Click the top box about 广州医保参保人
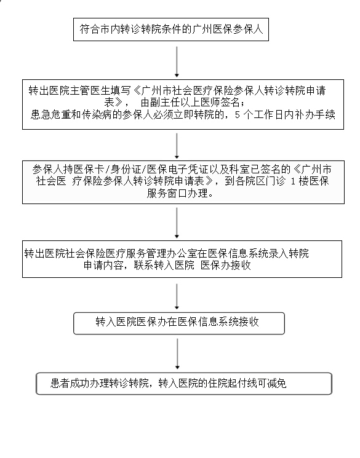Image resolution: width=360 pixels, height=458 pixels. [171, 30]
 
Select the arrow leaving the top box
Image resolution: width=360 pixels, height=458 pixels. [177, 61]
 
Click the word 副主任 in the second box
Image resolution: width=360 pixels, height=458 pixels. [166, 103]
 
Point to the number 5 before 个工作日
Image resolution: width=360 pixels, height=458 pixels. [237, 115]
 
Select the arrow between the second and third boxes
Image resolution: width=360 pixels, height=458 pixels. [177, 146]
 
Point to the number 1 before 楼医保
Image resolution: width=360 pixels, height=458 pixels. [293, 181]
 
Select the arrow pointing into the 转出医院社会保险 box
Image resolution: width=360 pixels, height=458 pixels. [177, 223]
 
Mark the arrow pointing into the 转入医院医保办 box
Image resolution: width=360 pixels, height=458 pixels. [177, 296]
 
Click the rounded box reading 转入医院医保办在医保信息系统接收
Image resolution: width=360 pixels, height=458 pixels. [179, 323]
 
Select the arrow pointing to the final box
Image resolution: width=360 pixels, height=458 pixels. [177, 354]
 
